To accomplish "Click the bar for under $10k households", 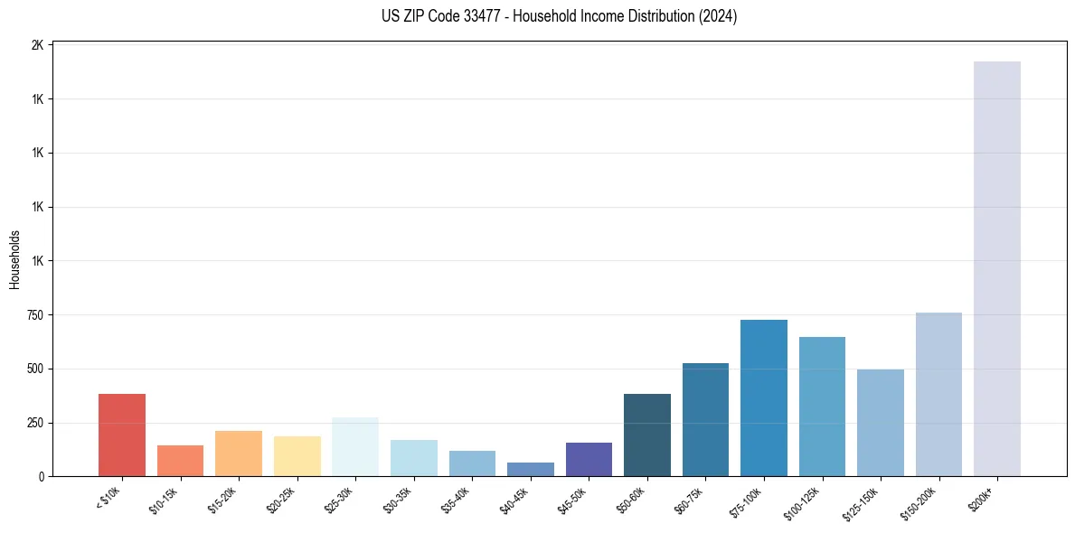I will [122, 435].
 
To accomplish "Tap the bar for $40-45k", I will [531, 469].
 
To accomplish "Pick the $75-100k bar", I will [764, 397].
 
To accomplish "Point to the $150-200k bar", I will [938, 394].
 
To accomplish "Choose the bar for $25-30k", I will [355, 446].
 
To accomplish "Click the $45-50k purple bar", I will [589, 459].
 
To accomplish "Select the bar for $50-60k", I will [647, 435].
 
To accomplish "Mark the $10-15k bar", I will [180, 460].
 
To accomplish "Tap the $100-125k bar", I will [822, 406].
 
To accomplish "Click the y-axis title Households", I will [14, 259].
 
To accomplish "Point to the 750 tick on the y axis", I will [33, 315].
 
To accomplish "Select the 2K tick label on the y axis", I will [37, 45].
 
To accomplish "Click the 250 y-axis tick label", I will [33, 423].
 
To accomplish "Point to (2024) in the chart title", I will [719, 16].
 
